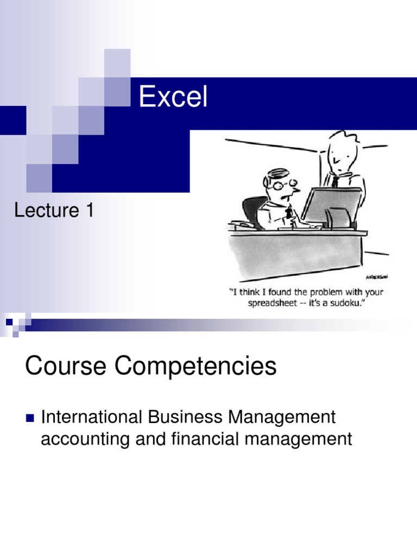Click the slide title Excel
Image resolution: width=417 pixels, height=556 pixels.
click(x=173, y=98)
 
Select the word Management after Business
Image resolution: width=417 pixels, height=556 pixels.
click(x=282, y=418)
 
